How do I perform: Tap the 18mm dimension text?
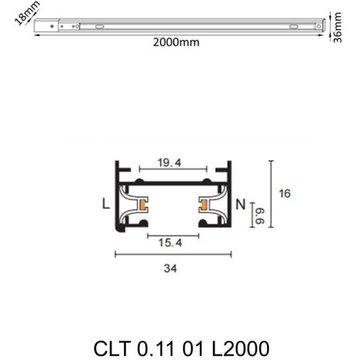(27, 13)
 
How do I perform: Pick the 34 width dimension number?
(173, 269)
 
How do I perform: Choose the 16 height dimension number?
(285, 194)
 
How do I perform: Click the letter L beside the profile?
(106, 204)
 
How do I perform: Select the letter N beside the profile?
(241, 204)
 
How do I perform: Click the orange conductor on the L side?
(144, 204)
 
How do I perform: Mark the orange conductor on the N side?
(203, 204)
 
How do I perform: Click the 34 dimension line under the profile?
(173, 253)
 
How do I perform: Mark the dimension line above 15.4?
(173, 235)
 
